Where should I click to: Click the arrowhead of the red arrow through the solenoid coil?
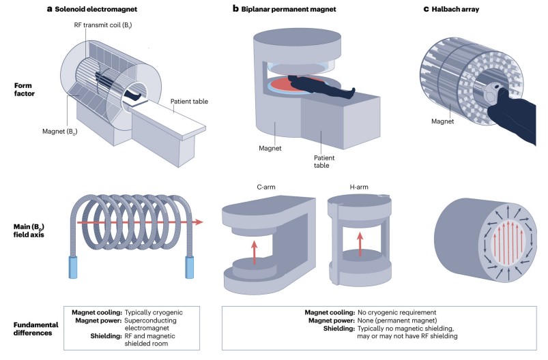coord(199,222)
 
